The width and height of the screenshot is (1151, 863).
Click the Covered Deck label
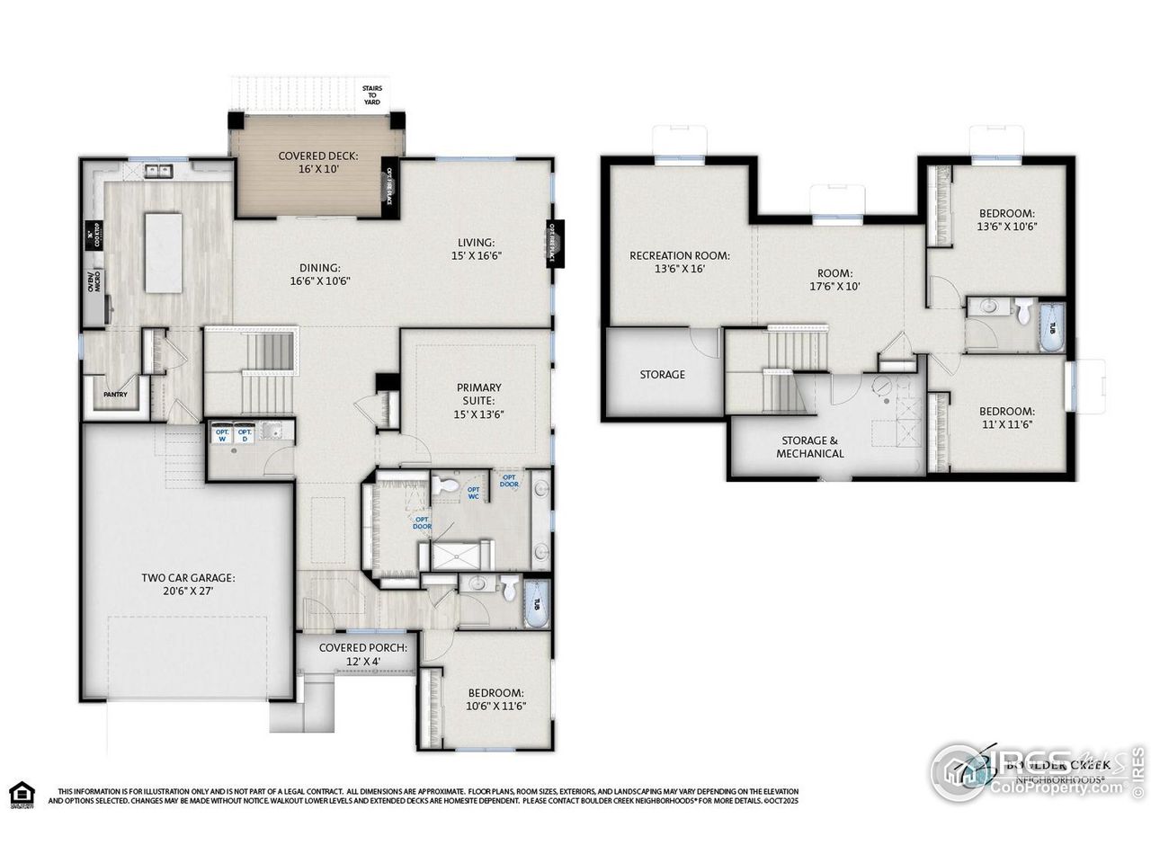(x=318, y=162)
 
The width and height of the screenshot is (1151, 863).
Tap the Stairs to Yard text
(x=371, y=95)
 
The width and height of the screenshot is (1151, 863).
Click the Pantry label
(x=115, y=394)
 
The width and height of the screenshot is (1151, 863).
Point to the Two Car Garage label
(x=188, y=584)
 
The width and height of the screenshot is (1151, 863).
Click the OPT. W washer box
(x=221, y=434)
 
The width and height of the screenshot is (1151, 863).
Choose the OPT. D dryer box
(x=245, y=434)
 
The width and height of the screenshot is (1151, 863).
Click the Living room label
(x=476, y=248)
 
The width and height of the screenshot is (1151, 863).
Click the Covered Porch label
(x=363, y=654)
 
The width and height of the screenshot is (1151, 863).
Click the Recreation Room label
(x=679, y=262)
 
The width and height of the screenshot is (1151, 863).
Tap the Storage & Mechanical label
(x=810, y=447)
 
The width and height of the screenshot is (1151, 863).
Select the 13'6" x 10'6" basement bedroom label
(x=1008, y=219)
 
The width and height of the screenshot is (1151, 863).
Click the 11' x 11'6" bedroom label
(x=1006, y=418)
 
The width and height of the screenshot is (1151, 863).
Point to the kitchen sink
(x=160, y=170)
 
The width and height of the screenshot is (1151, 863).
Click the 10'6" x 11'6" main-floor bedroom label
(x=495, y=699)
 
